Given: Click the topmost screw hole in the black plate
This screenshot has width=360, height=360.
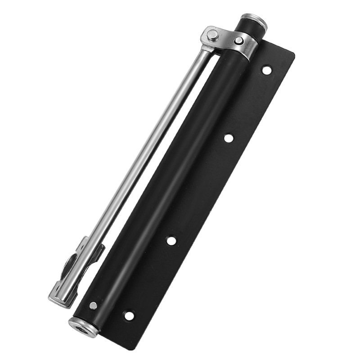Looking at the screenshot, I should coord(267,70).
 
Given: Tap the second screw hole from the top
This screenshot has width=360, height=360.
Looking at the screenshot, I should coord(229,138).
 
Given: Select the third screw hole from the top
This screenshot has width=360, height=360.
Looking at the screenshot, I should coord(171,240).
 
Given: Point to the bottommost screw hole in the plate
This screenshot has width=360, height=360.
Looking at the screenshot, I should coord(129,315).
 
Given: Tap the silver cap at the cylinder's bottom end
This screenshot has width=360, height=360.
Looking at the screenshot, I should coord(83,327).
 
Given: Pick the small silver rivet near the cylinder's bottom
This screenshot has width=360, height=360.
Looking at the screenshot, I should coord(93,306).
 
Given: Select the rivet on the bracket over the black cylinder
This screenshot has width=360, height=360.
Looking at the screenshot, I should coord(239,41).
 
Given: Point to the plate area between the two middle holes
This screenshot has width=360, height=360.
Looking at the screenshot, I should coord(200,189).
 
